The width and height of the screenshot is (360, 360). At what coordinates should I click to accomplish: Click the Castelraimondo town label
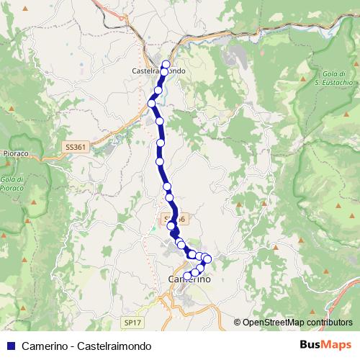160,71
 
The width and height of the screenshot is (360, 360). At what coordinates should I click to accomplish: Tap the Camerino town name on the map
189,280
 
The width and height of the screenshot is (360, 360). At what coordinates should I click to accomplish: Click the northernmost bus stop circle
166,64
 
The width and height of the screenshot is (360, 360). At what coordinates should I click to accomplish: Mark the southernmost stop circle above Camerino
188,276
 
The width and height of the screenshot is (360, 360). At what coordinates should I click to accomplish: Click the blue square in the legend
11,345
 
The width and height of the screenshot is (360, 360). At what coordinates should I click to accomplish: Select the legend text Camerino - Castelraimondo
86,345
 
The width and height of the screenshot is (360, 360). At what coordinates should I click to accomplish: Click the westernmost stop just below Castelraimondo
153,104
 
